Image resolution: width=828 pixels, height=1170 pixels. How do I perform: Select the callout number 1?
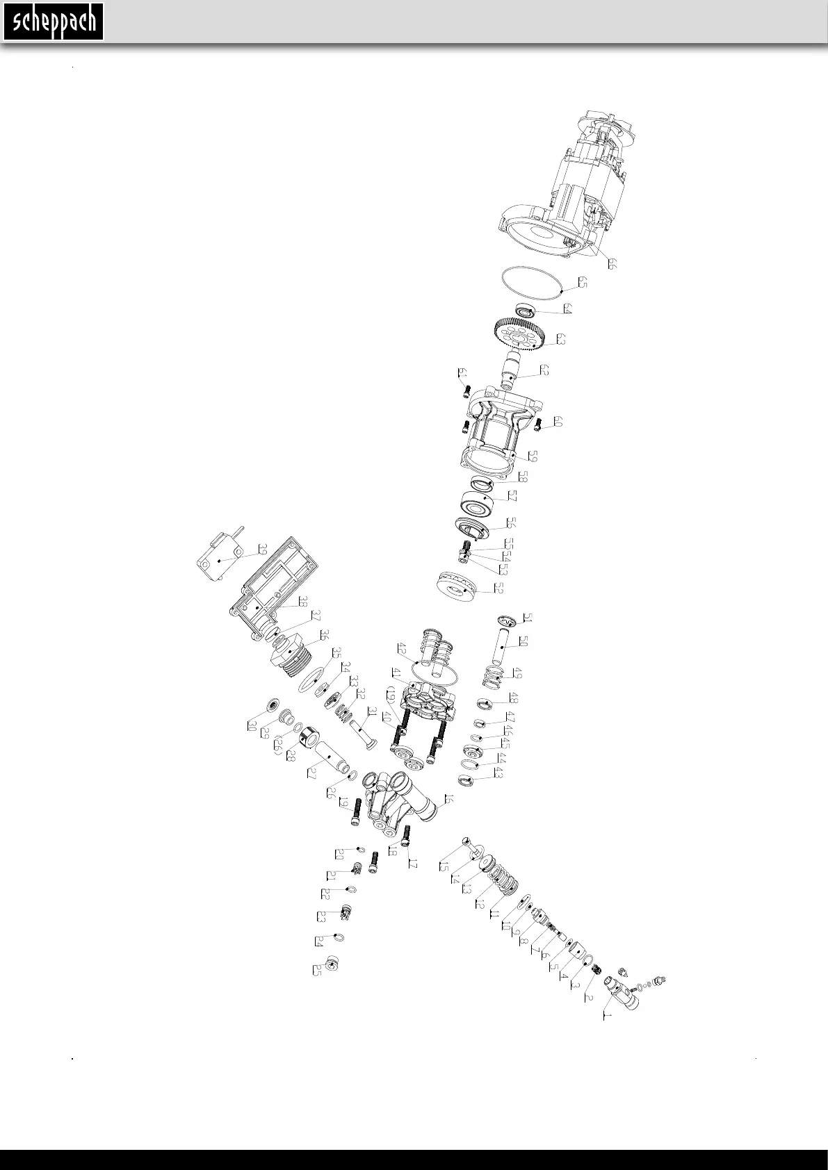coord(606,1016)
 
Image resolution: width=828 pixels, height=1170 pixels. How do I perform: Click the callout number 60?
coord(558,422)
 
